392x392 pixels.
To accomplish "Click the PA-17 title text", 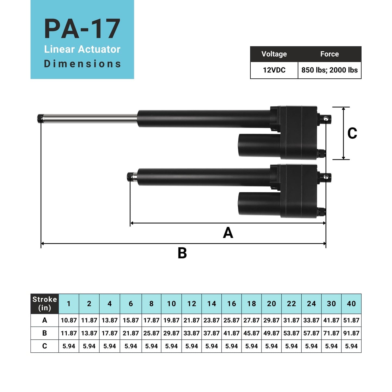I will click(x=82, y=29).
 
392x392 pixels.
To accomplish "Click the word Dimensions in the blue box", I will click(x=82, y=64).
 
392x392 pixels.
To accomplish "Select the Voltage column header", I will click(x=274, y=54).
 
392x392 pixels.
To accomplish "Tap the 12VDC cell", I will click(x=274, y=70).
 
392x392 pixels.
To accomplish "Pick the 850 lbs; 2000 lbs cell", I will click(x=329, y=70).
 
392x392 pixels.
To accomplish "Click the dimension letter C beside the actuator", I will click(x=352, y=133).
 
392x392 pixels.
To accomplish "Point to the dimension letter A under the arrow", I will click(x=228, y=233).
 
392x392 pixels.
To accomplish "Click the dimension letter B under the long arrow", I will click(x=182, y=253).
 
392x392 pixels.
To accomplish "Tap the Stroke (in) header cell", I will click(x=44, y=304).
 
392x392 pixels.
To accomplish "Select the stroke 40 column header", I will click(x=351, y=304).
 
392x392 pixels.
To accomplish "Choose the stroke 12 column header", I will click(x=192, y=304).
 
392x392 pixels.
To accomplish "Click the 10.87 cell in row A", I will click(x=69, y=320).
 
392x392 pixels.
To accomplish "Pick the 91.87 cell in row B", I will click(x=351, y=333).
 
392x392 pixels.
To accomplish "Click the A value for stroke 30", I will click(x=331, y=320).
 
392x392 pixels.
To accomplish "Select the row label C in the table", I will click(x=44, y=346).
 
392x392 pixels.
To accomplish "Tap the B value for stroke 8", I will click(x=151, y=333).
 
